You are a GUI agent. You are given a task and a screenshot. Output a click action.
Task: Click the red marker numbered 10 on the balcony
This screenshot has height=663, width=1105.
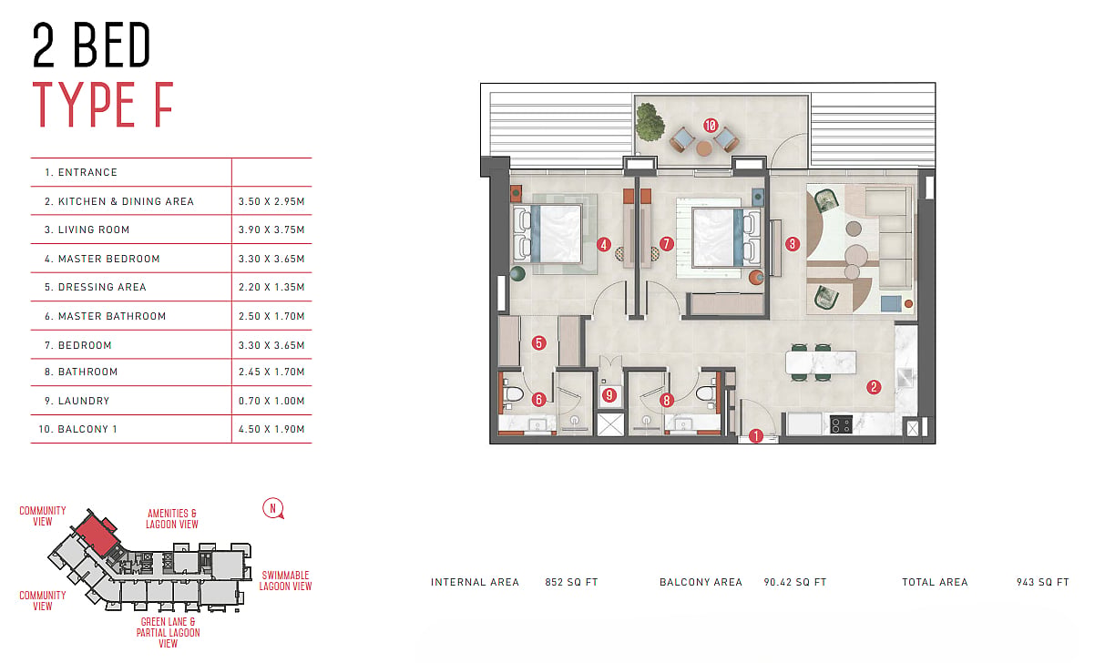(710, 126)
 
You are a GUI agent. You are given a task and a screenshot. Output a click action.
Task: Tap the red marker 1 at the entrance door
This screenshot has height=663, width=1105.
(756, 436)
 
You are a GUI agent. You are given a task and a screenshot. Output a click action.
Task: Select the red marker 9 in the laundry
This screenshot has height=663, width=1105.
(609, 395)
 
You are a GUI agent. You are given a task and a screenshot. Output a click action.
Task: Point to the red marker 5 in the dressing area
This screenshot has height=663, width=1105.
(538, 342)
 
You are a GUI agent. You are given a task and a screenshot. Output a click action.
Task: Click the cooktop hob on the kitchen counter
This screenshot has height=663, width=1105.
(841, 424)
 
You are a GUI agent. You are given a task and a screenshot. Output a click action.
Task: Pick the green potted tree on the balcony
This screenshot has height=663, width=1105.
(649, 121)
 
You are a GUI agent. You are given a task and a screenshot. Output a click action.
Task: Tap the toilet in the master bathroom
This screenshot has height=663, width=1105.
(512, 394)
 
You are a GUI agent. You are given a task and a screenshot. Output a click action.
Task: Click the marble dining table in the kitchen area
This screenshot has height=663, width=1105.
(821, 362)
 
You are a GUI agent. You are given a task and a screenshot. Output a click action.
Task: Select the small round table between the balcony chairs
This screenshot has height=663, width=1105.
(704, 148)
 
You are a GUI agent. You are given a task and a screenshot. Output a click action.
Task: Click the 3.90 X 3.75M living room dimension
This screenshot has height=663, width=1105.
(271, 229)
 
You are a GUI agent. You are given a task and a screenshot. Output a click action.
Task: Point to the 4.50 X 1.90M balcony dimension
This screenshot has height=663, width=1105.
(271, 429)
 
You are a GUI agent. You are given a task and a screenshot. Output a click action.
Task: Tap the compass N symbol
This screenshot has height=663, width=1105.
(272, 508)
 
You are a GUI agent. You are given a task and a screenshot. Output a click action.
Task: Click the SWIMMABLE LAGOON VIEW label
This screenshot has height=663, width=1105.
(286, 581)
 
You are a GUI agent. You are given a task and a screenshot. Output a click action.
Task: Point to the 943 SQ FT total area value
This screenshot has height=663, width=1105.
(1043, 582)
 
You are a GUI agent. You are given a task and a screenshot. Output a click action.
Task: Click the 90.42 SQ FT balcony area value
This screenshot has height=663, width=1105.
(795, 582)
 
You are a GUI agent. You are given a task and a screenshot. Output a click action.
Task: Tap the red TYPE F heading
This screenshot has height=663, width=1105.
(103, 105)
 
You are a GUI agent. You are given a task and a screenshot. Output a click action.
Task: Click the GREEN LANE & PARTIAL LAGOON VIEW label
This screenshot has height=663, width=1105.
(169, 632)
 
